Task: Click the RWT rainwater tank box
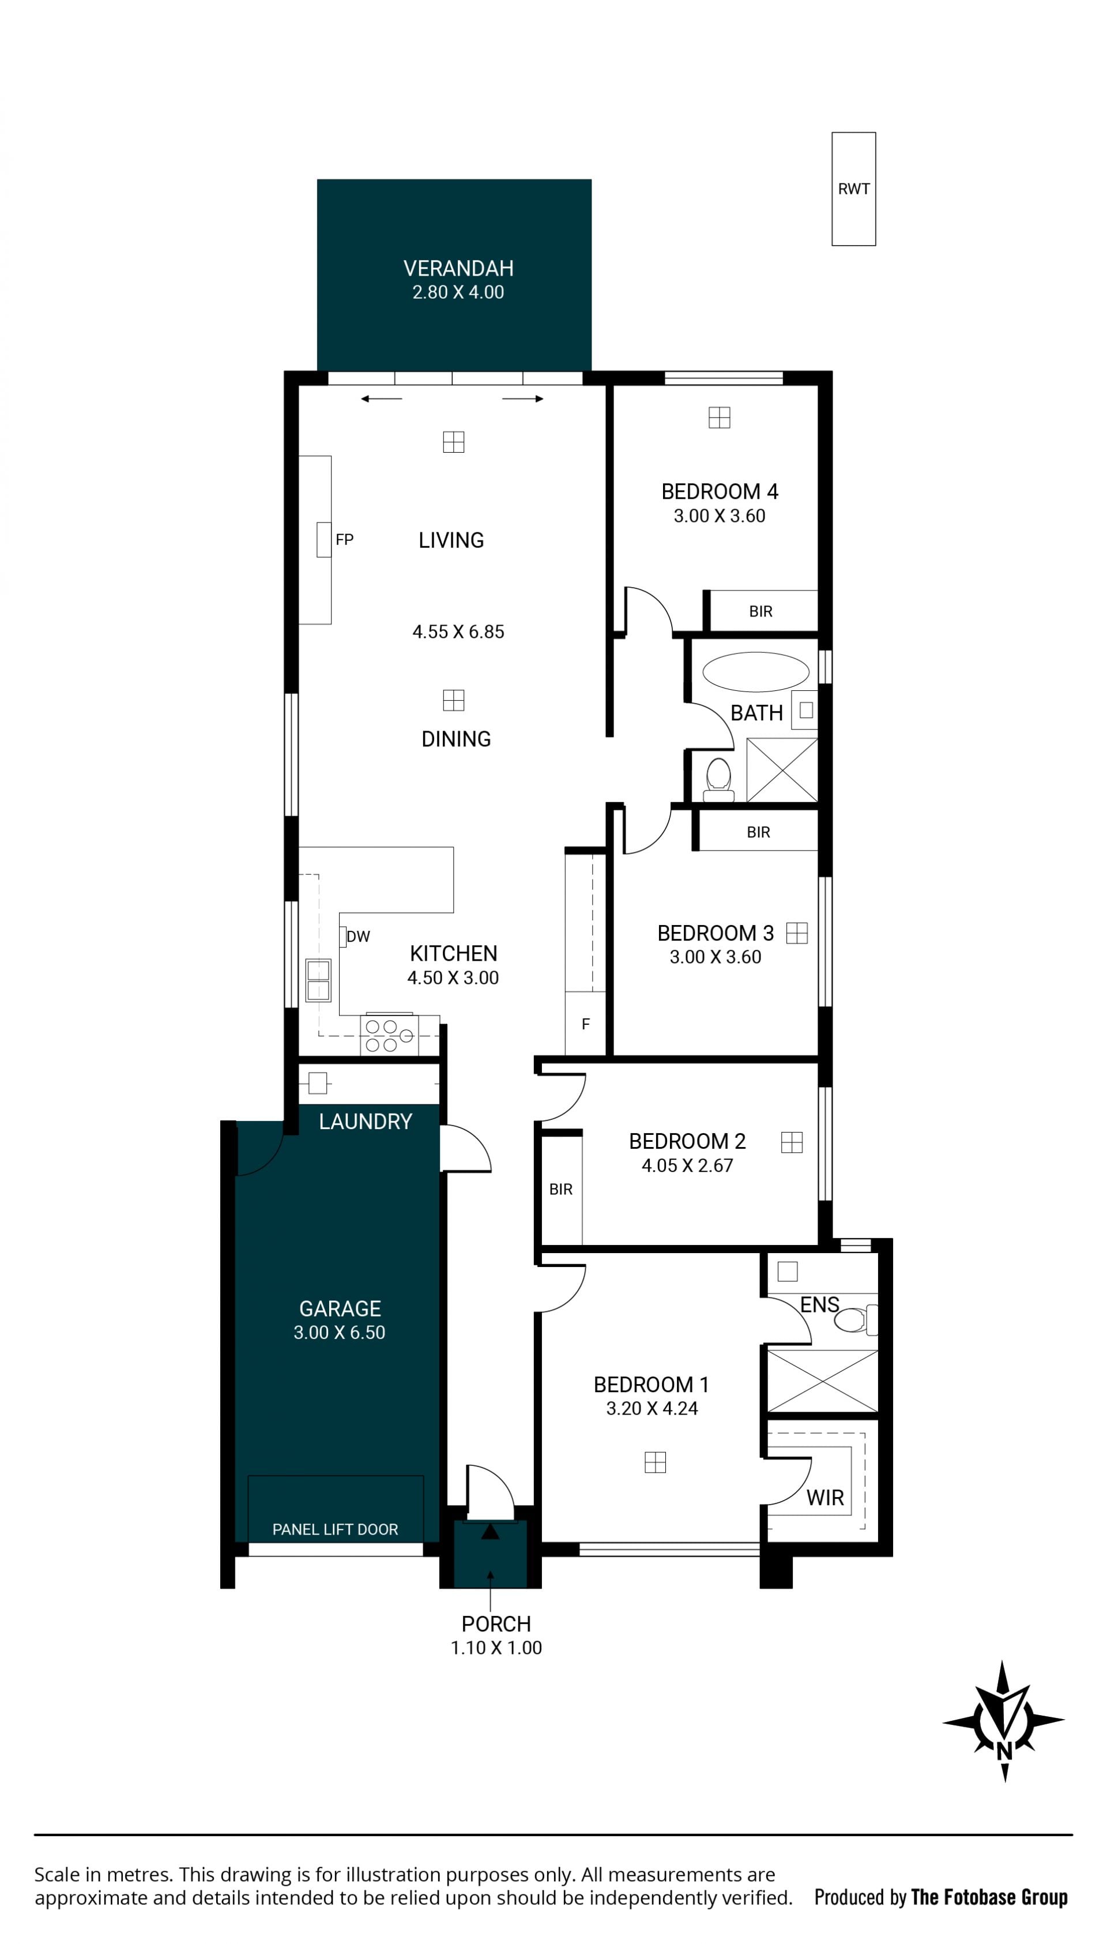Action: (853, 189)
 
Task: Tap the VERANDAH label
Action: (458, 268)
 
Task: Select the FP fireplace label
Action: (344, 539)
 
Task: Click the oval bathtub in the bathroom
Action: (756, 672)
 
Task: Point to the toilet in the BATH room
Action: (718, 779)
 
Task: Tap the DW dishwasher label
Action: (358, 936)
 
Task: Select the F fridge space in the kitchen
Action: (585, 1023)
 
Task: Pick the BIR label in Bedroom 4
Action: (760, 611)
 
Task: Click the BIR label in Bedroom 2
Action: (561, 1189)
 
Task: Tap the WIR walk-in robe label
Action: (825, 1498)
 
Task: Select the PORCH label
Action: (496, 1624)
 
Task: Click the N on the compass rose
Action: (1004, 1751)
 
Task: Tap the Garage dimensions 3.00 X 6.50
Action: (340, 1333)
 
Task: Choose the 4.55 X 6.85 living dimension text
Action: (458, 632)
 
